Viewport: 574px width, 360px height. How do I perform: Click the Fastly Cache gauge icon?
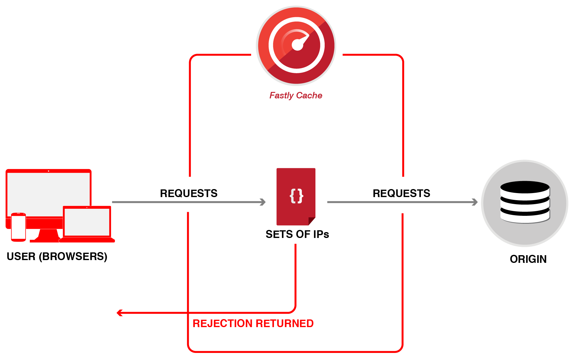(x=296, y=45)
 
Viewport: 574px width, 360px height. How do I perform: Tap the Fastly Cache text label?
(x=296, y=96)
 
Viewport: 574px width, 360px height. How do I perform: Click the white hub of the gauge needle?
(x=297, y=45)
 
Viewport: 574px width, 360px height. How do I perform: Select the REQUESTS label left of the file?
(x=189, y=193)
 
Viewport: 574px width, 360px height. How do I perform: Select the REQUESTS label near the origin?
(x=402, y=193)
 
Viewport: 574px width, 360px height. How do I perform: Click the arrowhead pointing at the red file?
(x=263, y=202)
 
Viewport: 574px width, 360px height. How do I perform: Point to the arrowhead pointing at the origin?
(x=475, y=202)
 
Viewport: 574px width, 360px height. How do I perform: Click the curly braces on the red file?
(x=297, y=196)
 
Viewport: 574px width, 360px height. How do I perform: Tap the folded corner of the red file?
(x=312, y=221)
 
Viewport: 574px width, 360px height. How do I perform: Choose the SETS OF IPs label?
(x=297, y=234)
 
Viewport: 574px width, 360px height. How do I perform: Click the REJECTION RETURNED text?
(x=253, y=323)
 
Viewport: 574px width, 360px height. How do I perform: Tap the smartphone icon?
(x=18, y=227)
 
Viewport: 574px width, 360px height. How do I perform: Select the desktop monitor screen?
(x=49, y=194)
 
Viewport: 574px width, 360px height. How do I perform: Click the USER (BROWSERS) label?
(x=57, y=256)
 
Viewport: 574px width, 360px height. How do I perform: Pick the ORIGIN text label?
(x=528, y=259)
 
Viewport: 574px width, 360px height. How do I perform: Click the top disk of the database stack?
(x=525, y=187)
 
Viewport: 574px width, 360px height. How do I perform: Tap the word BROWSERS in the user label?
(x=73, y=256)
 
